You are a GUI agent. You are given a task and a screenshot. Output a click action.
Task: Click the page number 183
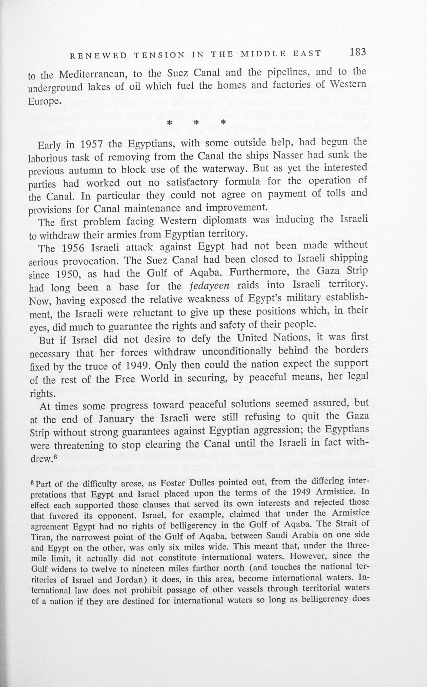pyautogui.click(x=358, y=52)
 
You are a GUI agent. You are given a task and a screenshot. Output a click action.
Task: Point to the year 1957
pyautogui.click(x=91, y=145)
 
